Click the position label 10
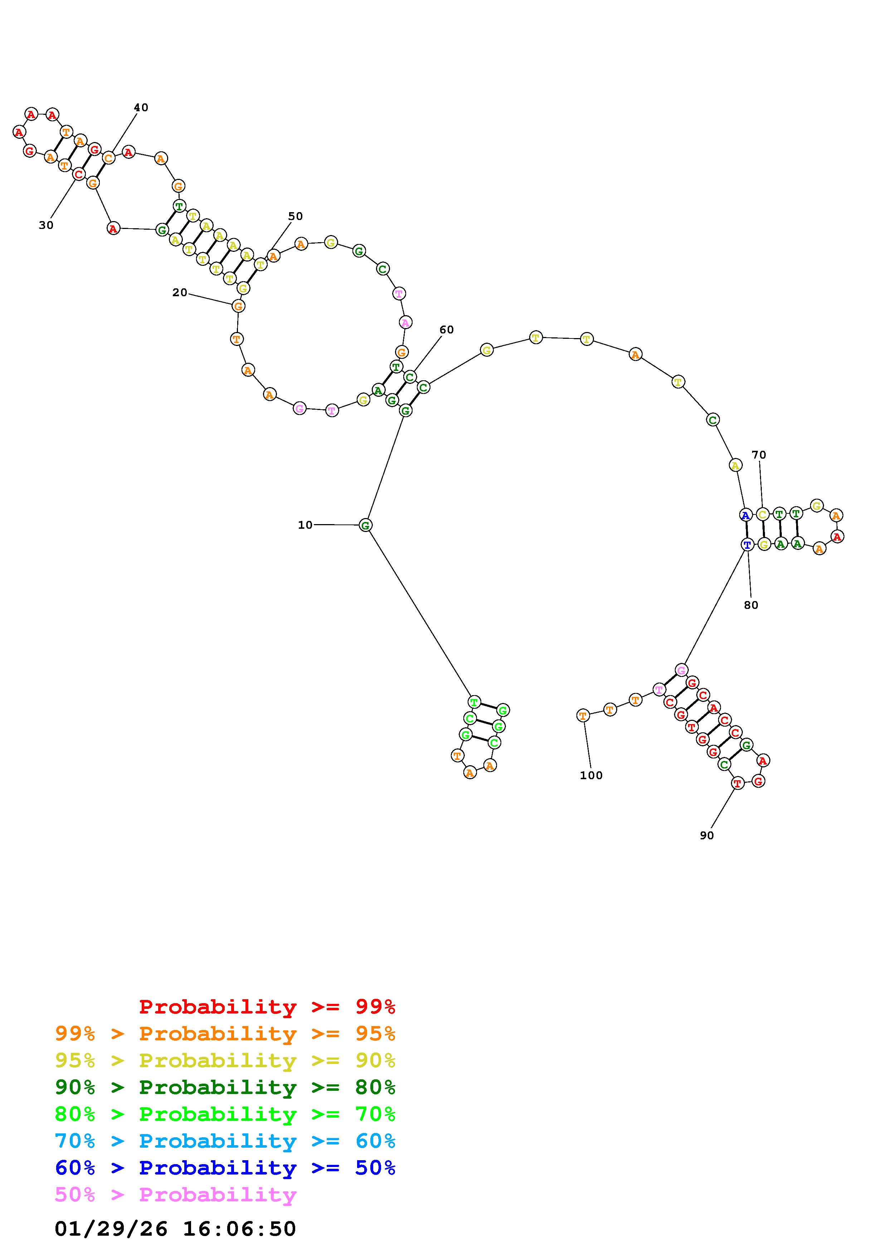click(x=305, y=525)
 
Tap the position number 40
click(x=141, y=108)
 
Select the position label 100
click(x=591, y=775)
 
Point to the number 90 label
click(x=707, y=835)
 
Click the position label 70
click(x=759, y=455)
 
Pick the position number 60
click(x=447, y=329)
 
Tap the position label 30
click(x=46, y=225)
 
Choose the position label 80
click(x=751, y=605)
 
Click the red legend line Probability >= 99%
click(x=267, y=1006)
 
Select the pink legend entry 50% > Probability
click(x=175, y=1195)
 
